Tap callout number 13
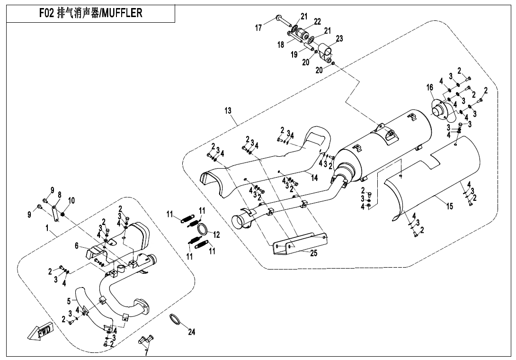pos(228,111)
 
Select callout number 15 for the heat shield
pos(449,206)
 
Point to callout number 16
pos(429,88)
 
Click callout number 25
pos(313,253)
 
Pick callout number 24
pos(191,332)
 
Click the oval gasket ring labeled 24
pos(177,321)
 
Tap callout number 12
pos(216,234)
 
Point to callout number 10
pos(71,201)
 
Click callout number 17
pos(258,28)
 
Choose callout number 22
pos(317,21)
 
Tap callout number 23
pos(339,38)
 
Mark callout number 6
pos(76,245)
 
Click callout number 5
pos(69,300)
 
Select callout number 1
pos(47,228)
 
